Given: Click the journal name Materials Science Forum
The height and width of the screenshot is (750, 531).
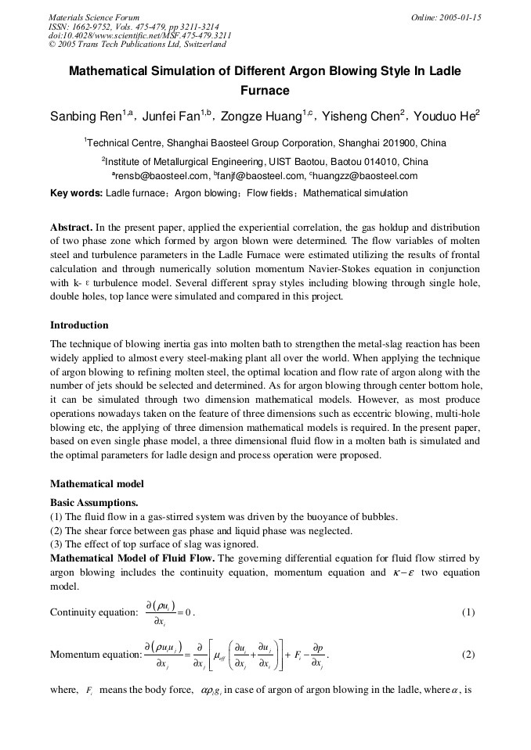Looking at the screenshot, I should pyautogui.click(x=94, y=17).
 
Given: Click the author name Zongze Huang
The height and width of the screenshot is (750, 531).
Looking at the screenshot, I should pyautogui.click(x=262, y=117).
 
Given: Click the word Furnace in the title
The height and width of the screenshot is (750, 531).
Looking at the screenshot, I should pyautogui.click(x=265, y=91).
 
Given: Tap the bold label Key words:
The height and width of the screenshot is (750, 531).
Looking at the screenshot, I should pyautogui.click(x=76, y=193).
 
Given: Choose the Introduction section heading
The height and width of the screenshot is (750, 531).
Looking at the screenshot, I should pyautogui.click(x=79, y=325).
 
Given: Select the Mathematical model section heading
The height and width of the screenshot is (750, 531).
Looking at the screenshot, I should pyautogui.click(x=97, y=484).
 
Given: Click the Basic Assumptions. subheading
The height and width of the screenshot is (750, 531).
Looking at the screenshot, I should pyautogui.click(x=94, y=502).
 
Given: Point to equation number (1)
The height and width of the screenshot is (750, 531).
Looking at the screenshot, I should pyautogui.click(x=468, y=612).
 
